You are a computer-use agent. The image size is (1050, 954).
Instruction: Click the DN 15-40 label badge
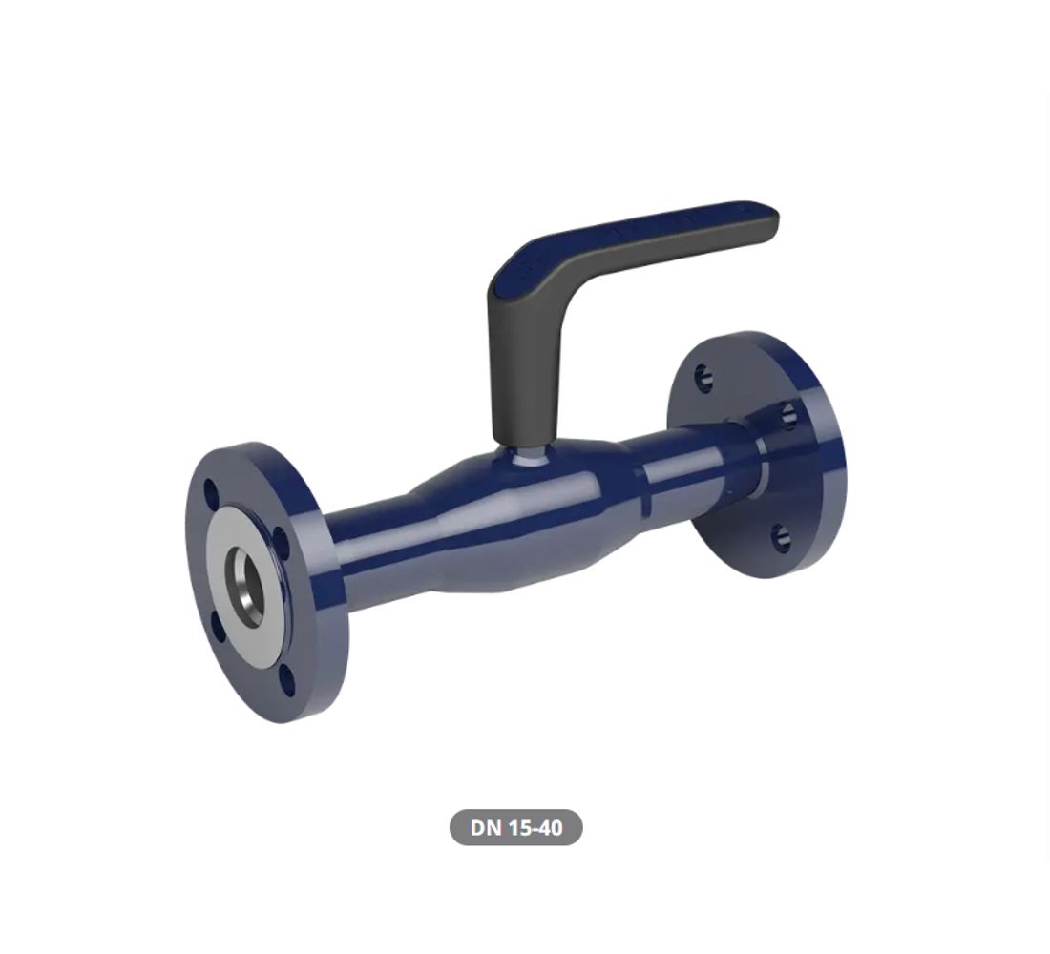(x=515, y=827)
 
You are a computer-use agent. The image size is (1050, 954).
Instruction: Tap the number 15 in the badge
(x=520, y=827)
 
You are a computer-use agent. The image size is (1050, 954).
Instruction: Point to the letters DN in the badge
(x=486, y=827)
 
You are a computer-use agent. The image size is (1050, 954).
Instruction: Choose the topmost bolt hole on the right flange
(x=703, y=377)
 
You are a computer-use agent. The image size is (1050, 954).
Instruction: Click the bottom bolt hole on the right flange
(x=781, y=537)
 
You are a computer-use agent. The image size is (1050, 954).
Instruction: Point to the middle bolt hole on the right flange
(x=787, y=413)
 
